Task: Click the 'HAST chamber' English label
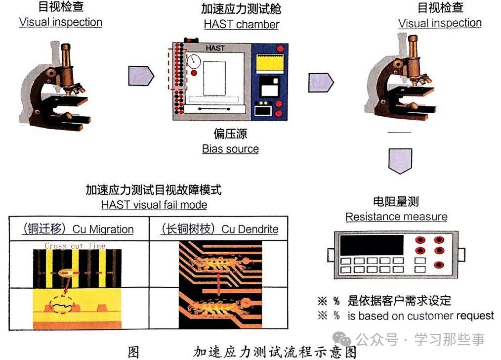pyautogui.click(x=241, y=24)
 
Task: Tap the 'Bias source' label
pyautogui.click(x=230, y=148)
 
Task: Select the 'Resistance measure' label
pyautogui.click(x=396, y=217)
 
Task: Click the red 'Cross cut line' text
pyautogui.click(x=75, y=245)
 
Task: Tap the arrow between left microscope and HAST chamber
pyautogui.click(x=141, y=75)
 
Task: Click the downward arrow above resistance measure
pyautogui.click(x=400, y=160)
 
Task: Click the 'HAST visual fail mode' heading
pyautogui.click(x=154, y=204)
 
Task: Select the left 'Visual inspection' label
pyautogui.click(x=60, y=22)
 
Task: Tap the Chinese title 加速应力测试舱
pyautogui.click(x=241, y=9)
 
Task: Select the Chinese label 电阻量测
pyautogui.click(x=396, y=201)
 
